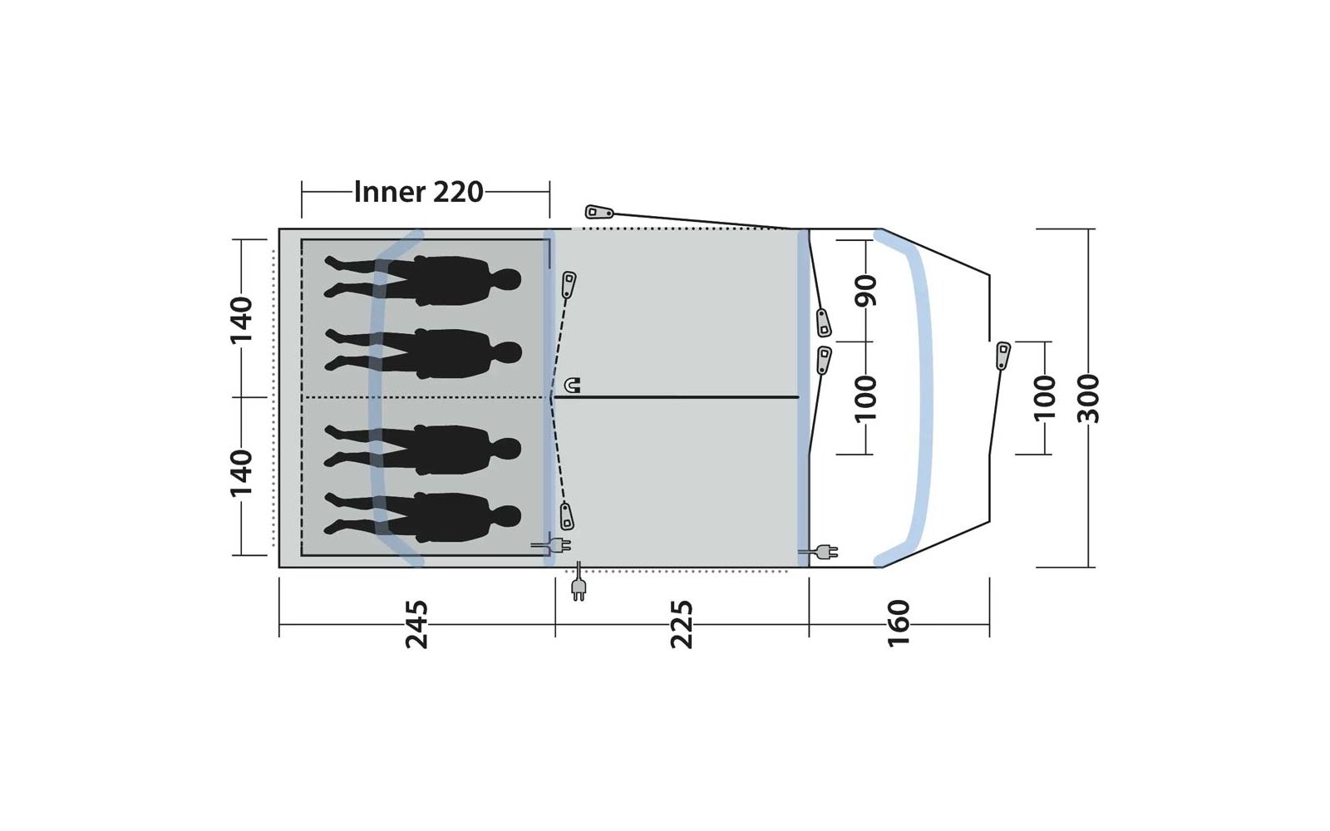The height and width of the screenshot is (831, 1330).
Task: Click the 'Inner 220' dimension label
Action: pos(419,192)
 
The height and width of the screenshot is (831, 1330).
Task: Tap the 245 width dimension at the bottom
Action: pos(416,624)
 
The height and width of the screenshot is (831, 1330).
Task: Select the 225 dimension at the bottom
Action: pos(682,624)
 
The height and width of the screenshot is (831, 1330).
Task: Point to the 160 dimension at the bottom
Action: pos(899,623)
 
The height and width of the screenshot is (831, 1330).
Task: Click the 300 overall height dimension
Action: pos(1088,399)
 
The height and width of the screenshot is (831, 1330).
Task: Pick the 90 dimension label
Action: pos(865,291)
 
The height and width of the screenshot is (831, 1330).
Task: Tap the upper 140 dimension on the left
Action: pos(242,320)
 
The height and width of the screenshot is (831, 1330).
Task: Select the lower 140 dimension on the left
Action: pos(242,473)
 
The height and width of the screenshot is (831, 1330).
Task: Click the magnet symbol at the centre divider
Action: pos(572,386)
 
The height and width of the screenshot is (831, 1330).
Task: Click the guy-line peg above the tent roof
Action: pos(599,212)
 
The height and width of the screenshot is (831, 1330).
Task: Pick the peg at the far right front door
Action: pos(1002,356)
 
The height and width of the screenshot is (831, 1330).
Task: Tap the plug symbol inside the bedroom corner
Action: pos(551,545)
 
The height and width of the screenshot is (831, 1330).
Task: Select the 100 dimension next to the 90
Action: pos(865,399)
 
